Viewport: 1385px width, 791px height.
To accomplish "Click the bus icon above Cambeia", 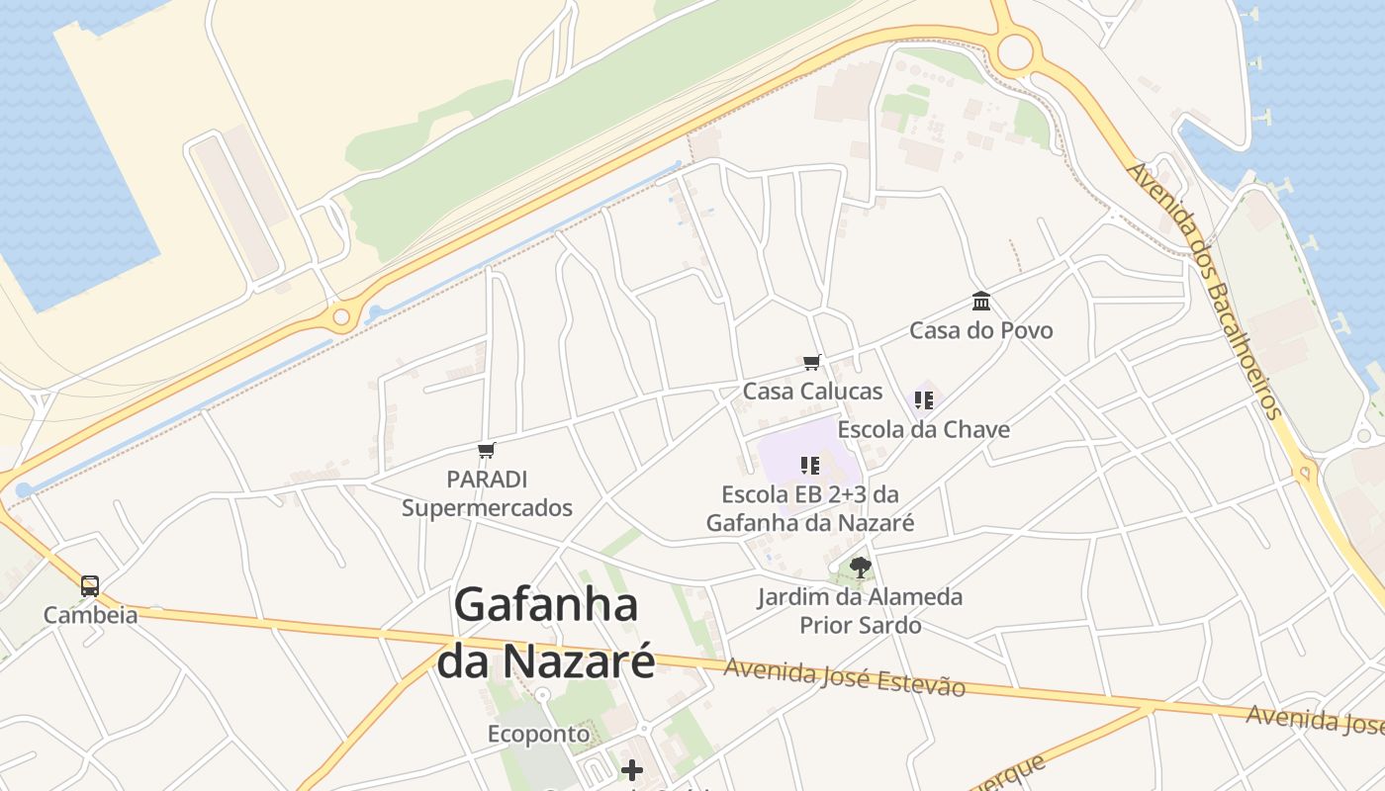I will (90, 585).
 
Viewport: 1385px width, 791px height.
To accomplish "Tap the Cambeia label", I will (90, 615).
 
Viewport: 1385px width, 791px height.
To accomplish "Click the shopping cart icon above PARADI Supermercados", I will (486, 451).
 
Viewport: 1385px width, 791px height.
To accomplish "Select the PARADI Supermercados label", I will (487, 493).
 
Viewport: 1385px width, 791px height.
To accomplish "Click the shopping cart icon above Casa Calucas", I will (812, 363).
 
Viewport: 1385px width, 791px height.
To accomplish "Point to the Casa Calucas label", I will (812, 391).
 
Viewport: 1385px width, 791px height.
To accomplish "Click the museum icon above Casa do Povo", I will (981, 301).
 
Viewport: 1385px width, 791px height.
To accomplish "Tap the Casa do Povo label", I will (981, 330).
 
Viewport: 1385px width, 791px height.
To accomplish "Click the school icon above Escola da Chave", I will (924, 400).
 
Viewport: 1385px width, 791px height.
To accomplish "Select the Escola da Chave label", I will (924, 429).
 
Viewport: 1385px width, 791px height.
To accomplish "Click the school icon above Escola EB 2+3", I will (810, 465).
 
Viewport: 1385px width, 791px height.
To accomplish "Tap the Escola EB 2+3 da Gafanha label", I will (810, 507).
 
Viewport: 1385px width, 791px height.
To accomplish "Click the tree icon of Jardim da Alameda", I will (861, 568).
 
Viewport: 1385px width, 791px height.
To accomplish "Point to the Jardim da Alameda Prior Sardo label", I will (861, 611).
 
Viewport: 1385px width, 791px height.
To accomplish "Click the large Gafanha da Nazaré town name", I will (546, 633).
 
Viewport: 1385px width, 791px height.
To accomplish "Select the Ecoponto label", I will (538, 734).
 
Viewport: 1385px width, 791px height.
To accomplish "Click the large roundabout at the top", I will (1015, 52).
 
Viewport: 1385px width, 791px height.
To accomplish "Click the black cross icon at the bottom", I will (632, 769).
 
